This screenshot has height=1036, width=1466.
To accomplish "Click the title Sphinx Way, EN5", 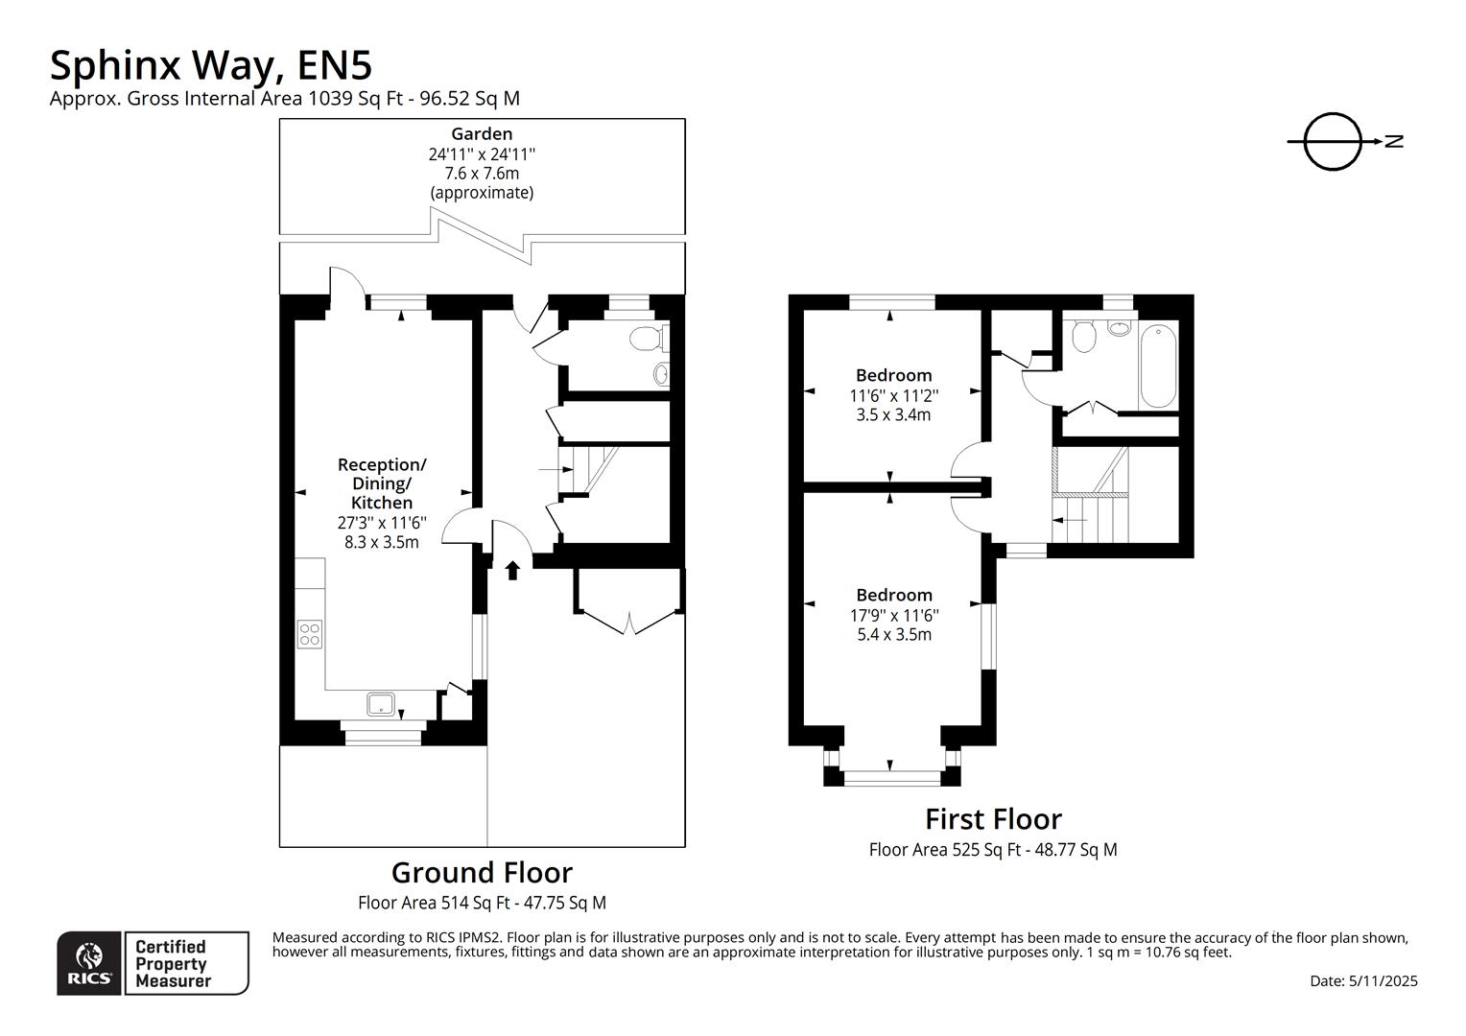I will tap(210, 65).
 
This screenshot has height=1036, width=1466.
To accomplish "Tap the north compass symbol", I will tap(1333, 142).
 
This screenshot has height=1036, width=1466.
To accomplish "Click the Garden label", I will tap(482, 134).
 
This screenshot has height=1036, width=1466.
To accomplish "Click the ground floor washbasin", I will tap(661, 373).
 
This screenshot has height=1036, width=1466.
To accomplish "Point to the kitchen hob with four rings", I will tap(310, 634).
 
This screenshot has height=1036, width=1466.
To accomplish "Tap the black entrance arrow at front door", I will tap(512, 570).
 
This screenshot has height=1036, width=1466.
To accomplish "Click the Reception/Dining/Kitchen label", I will tap(382, 483).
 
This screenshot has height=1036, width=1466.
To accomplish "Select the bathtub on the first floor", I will tap(1158, 368).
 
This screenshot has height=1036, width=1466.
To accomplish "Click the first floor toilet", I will tap(1085, 336).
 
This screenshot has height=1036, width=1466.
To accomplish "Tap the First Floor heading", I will tap(993, 819).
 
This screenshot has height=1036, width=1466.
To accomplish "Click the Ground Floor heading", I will tap(482, 873).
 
